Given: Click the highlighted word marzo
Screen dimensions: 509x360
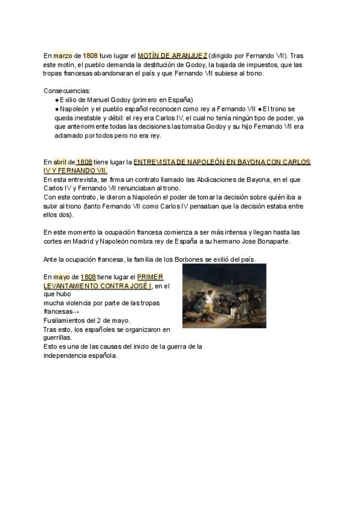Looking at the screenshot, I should pos(62,56).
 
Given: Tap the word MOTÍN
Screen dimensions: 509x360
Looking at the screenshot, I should pos(149,56).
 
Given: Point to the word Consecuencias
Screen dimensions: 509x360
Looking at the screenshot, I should pos(67,91).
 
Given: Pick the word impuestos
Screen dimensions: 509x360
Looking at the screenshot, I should pos(229,65).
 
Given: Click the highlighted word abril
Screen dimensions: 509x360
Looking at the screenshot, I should pos(60,162).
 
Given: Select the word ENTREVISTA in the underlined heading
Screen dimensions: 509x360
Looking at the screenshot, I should pos(155,162).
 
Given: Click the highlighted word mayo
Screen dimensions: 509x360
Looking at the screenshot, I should pos(62,277).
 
